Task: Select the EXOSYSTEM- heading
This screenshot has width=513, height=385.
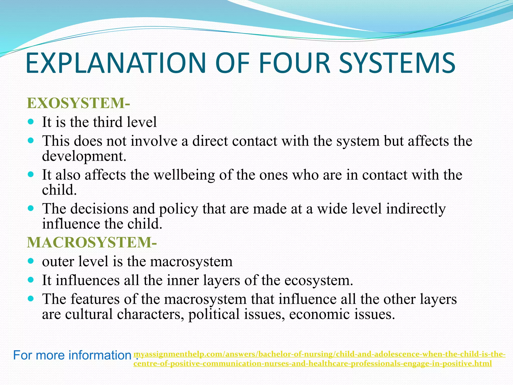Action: coord(78,103)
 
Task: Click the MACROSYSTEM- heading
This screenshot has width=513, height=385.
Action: coord(92,242)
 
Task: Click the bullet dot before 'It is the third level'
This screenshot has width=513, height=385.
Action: coord(31,122)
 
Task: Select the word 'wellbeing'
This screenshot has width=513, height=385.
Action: coord(184,175)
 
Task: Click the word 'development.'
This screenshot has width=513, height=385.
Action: coord(84,156)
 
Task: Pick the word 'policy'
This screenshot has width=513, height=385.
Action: coord(178,209)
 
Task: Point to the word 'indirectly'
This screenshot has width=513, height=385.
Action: coord(416,209)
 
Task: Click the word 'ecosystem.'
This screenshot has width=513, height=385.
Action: coord(319,280)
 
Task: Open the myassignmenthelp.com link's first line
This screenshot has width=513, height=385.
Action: coord(320,354)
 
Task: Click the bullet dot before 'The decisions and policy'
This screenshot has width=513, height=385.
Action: coord(31,208)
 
